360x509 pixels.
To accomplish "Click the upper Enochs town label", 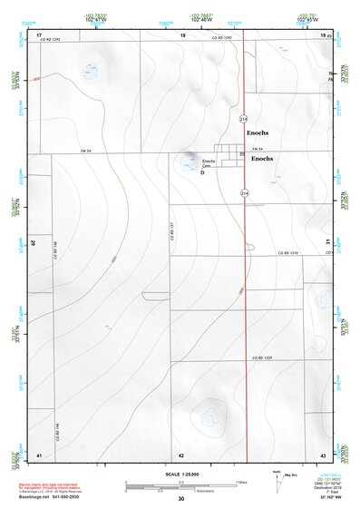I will coord(258,132).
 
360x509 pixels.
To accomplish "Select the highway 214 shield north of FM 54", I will coord(244,119).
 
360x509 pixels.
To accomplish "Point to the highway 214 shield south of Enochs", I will coord(245,193).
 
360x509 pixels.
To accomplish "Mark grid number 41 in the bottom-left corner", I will coord(39,455).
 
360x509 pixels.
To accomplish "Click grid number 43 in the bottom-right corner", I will coord(322,455).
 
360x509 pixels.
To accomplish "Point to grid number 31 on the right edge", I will coord(326,241).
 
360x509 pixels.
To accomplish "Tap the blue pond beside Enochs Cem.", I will coord(189,162).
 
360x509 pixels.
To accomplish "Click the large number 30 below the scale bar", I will coord(180,499).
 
